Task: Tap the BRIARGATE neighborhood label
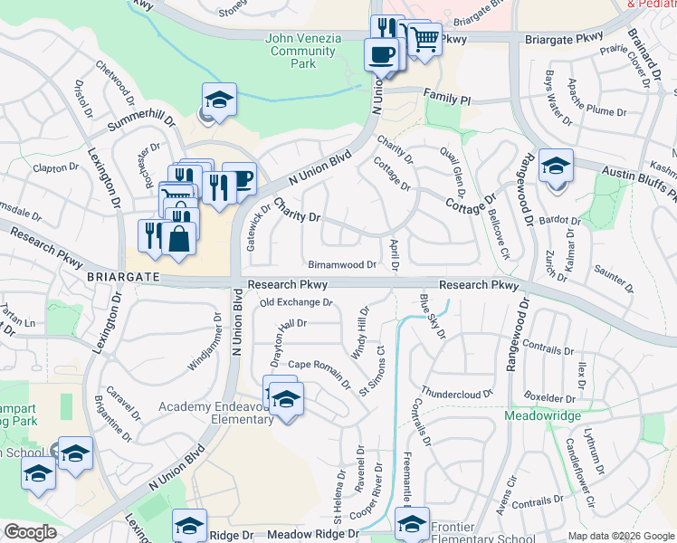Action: [x=122, y=275]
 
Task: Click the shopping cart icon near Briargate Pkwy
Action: [x=424, y=38]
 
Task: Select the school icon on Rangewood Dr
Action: [x=557, y=167]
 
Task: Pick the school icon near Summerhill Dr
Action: [x=218, y=100]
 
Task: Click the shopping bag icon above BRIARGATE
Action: [x=180, y=240]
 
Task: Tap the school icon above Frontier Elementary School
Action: [x=412, y=523]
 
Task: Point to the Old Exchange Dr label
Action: [x=297, y=302]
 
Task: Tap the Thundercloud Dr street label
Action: [x=456, y=395]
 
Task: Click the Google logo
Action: [x=30, y=532]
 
